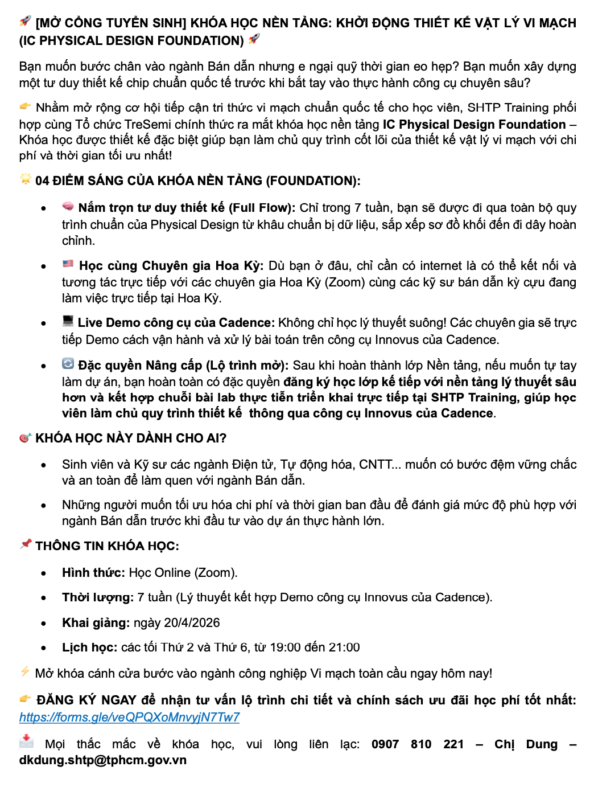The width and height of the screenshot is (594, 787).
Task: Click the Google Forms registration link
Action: pos(129,717)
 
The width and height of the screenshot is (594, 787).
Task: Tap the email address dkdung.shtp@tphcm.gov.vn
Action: pos(103,760)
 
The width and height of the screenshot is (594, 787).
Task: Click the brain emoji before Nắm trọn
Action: pos(68,207)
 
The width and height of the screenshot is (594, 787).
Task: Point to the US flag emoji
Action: pos(68,264)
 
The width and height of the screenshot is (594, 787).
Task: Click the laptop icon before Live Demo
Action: pos(68,321)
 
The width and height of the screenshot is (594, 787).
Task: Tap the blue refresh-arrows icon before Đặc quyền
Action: pos(68,364)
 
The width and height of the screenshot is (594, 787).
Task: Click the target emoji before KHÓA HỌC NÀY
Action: pos(25,438)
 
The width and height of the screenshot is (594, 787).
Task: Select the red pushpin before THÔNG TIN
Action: pos(26,544)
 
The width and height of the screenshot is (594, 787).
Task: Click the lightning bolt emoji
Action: pos(25,672)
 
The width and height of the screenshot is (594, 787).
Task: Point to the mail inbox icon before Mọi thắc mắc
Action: pos(26,741)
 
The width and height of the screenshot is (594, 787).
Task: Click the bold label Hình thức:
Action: pos(93,572)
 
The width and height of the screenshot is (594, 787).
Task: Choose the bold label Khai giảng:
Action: pos(96,622)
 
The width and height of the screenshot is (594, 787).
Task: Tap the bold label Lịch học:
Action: pos(90,647)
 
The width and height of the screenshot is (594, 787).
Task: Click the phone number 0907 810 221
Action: pos(418,744)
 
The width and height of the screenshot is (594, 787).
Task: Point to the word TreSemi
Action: pos(150,125)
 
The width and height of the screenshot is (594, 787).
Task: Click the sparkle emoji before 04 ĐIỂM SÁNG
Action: pos(26,179)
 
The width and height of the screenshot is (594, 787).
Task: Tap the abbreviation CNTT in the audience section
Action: pos(376,465)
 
